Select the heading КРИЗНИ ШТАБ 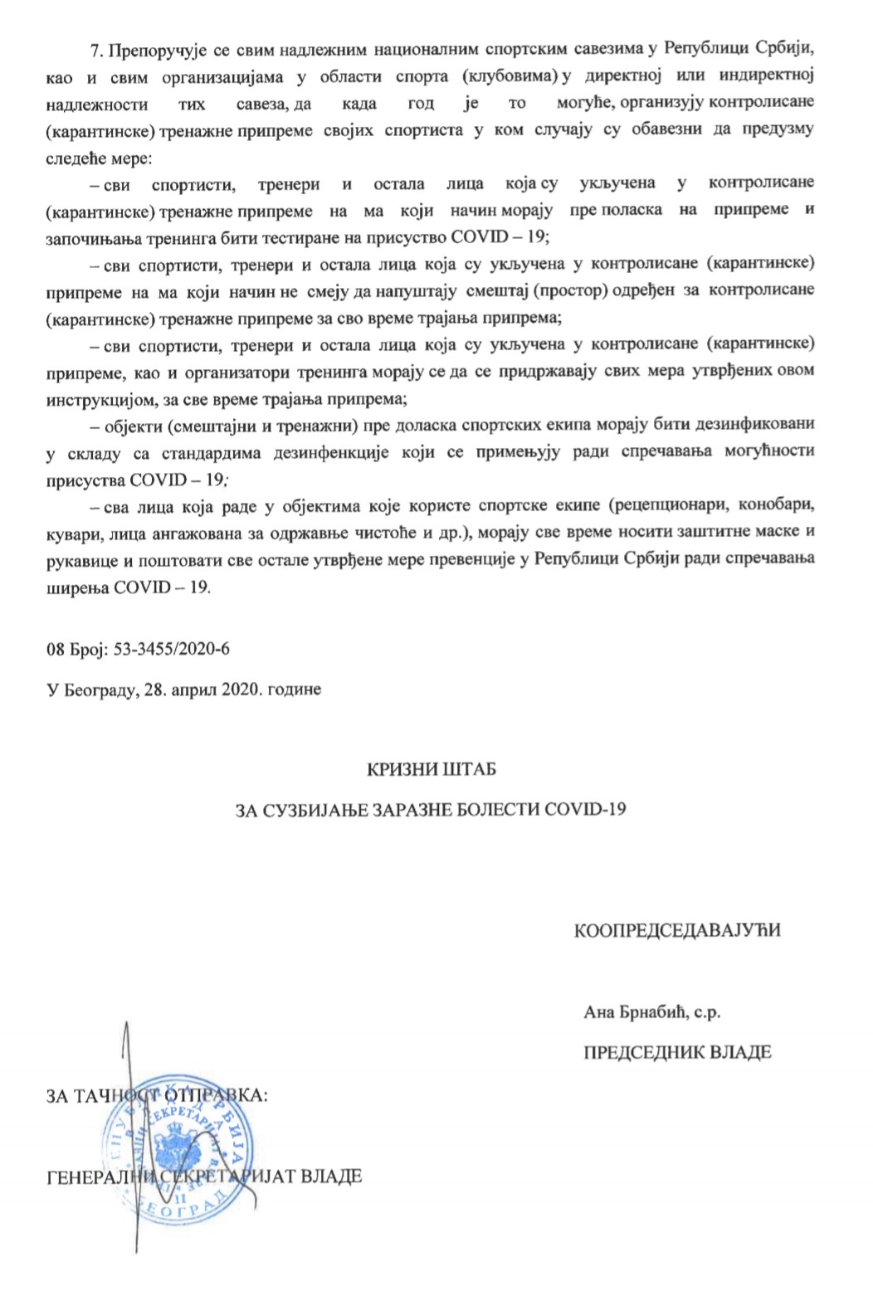click(x=432, y=769)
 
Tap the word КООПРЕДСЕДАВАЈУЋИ click(x=678, y=930)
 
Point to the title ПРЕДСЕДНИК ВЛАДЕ click(x=678, y=1052)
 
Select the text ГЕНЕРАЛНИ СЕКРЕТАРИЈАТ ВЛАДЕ click(x=204, y=1177)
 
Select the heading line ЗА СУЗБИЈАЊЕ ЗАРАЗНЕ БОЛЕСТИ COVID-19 click(x=432, y=809)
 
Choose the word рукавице click(x=80, y=558)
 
